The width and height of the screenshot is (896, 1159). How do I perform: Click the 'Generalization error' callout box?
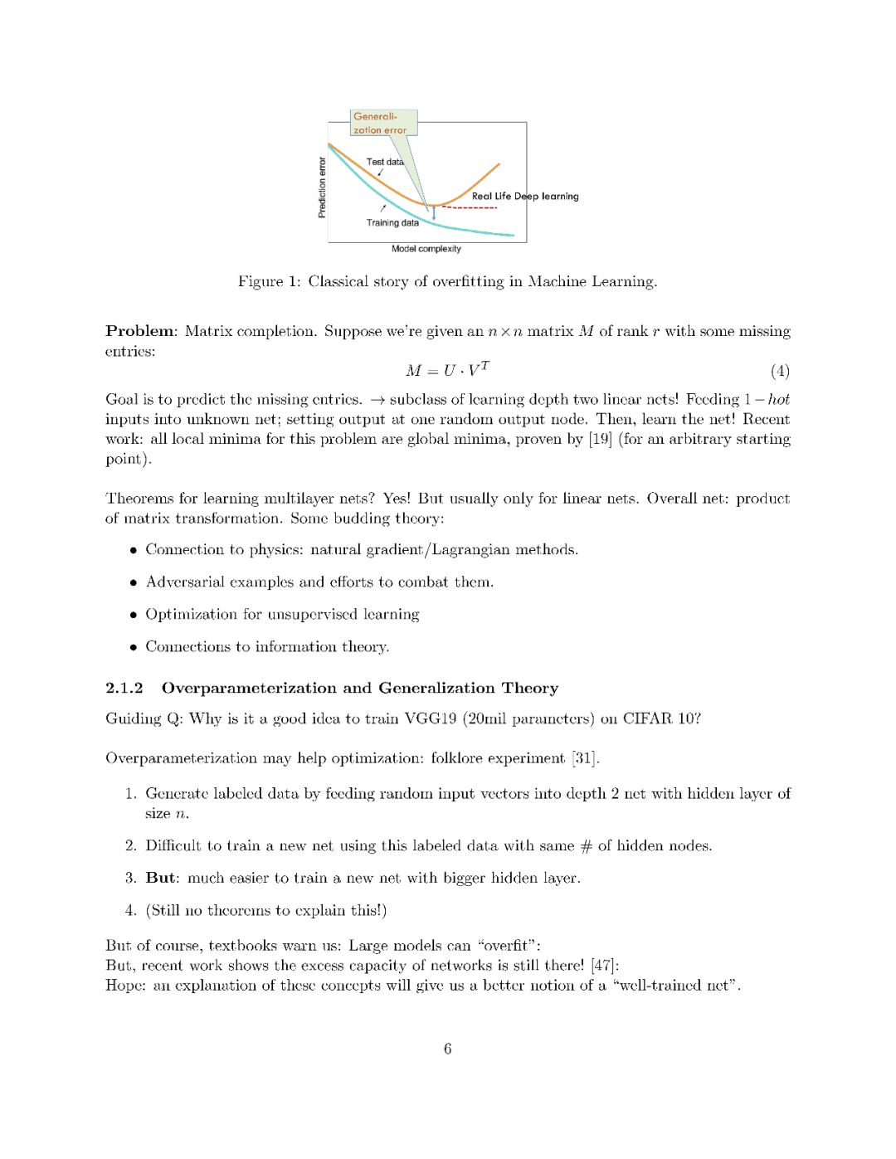pyautogui.click(x=382, y=123)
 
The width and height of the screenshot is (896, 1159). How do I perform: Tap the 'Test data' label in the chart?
pyautogui.click(x=385, y=162)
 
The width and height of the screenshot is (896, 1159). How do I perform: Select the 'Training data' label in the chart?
pyautogui.click(x=392, y=222)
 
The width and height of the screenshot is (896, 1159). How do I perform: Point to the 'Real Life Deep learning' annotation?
pyautogui.click(x=525, y=197)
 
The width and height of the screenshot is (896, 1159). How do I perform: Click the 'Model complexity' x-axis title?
pyautogui.click(x=426, y=249)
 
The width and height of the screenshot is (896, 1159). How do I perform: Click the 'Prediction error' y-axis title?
pyautogui.click(x=322, y=187)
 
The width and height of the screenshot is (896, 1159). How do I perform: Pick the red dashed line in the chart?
pyautogui.click(x=469, y=207)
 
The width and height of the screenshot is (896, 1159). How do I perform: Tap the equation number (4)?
pyautogui.click(x=780, y=371)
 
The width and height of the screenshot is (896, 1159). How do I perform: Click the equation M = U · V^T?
pyautogui.click(x=447, y=370)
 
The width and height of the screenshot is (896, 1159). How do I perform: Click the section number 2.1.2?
pyautogui.click(x=124, y=688)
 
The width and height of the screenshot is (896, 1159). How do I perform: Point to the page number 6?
pyautogui.click(x=448, y=1049)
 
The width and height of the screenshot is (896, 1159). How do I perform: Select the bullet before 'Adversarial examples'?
pyautogui.click(x=133, y=582)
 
